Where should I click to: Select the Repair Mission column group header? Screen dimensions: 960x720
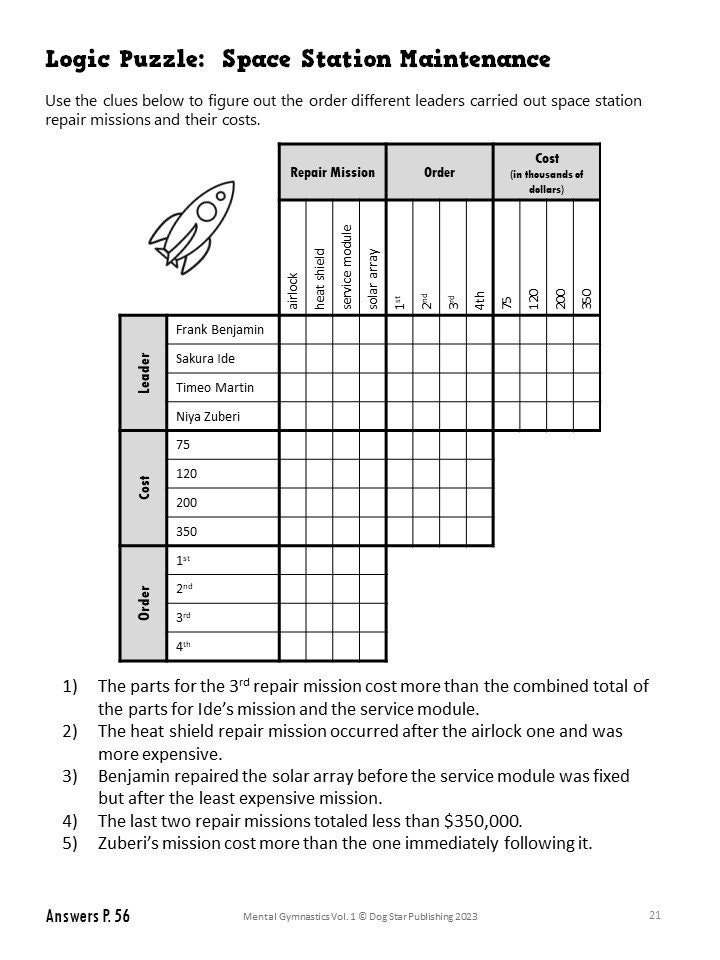pyautogui.click(x=332, y=172)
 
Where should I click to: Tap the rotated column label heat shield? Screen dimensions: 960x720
pyautogui.click(x=320, y=277)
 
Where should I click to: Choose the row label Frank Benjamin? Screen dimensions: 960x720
pyautogui.click(x=219, y=330)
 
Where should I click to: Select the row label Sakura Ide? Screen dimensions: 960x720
pyautogui.click(x=205, y=359)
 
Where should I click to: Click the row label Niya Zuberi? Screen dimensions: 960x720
pyautogui.click(x=208, y=416)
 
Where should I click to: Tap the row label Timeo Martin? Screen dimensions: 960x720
pyautogui.click(x=214, y=387)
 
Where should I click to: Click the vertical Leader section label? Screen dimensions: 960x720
pyautogui.click(x=143, y=373)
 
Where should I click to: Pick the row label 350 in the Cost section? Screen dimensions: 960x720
pyautogui.click(x=187, y=532)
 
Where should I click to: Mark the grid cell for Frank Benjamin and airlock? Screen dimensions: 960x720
pyautogui.click(x=292, y=330)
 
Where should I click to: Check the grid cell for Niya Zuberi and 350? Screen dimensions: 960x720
pyautogui.click(x=587, y=416)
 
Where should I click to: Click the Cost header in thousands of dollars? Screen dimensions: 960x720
pyautogui.click(x=547, y=172)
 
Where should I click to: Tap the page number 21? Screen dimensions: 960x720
pyautogui.click(x=654, y=914)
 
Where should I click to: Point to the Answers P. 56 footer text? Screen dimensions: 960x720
pyautogui.click(x=87, y=916)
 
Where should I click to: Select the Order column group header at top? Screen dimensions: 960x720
pyautogui.click(x=439, y=172)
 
